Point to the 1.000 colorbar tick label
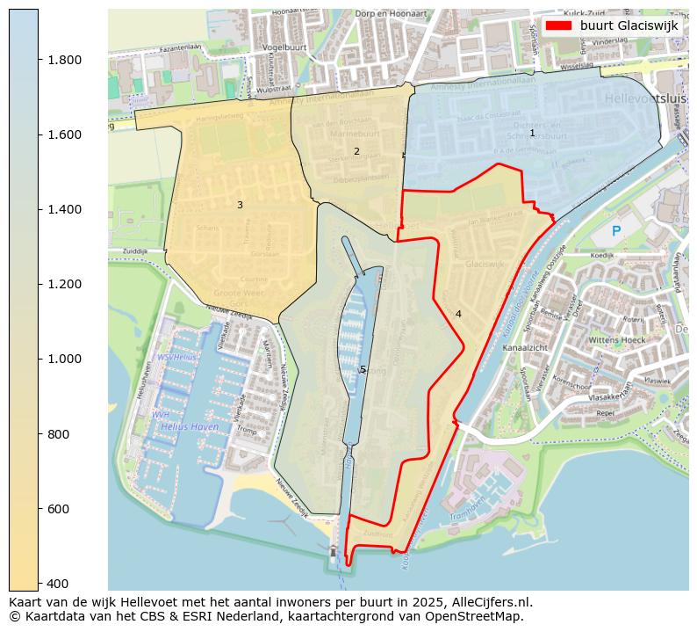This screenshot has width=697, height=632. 66,359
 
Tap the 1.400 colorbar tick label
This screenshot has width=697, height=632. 66,209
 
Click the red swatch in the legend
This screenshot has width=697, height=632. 557,25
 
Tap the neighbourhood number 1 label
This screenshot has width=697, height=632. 532,133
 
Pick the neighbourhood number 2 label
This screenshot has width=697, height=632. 356,151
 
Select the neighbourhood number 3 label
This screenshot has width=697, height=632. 240,205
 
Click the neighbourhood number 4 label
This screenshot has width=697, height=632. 458,314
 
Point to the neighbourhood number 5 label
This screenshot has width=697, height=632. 363,370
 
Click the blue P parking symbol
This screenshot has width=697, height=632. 616,231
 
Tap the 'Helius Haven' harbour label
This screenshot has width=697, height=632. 190,426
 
